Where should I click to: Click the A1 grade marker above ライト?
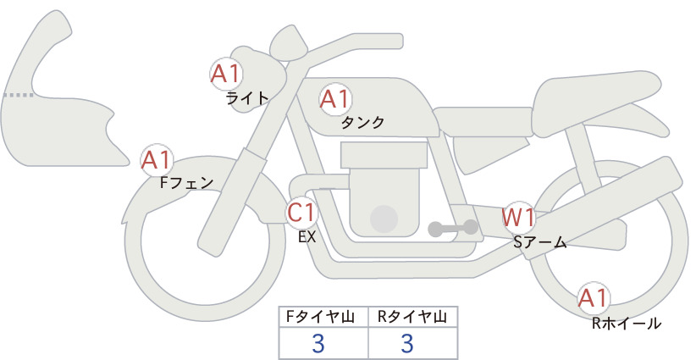click(x=226, y=74)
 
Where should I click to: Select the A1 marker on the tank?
click(x=335, y=99)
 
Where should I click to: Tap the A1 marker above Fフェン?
click(x=157, y=160)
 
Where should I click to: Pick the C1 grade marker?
click(x=301, y=212)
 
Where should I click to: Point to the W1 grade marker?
click(x=518, y=218)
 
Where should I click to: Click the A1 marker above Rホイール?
click(x=593, y=298)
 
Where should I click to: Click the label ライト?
click(x=247, y=97)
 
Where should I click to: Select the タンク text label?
click(x=362, y=122)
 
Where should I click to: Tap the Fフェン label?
click(x=186, y=182)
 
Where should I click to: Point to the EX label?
click(x=307, y=237)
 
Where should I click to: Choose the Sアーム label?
click(x=540, y=242)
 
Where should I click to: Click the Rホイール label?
click(x=627, y=324)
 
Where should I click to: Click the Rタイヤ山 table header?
click(x=412, y=317)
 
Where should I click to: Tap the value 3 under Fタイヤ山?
click(x=318, y=343)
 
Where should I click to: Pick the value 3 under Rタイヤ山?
click(x=407, y=343)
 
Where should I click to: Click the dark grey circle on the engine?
click(x=384, y=219)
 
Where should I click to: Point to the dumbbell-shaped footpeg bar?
click(x=453, y=228)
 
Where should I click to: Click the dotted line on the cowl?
click(x=18, y=95)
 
